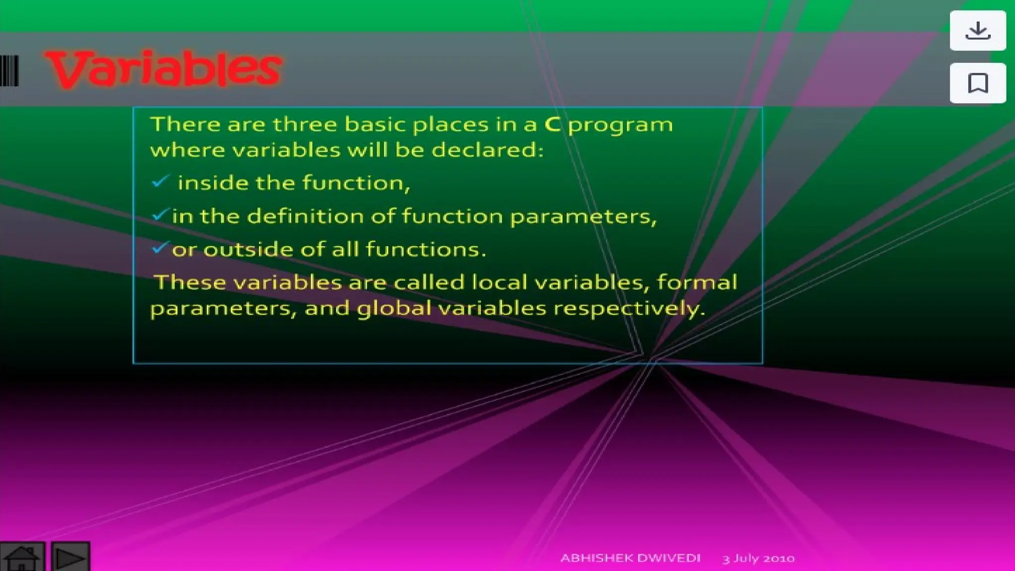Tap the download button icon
pos(977,31)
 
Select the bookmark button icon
pos(977,83)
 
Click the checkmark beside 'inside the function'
pos(160,181)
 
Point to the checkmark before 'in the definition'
pos(160,215)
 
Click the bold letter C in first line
pos(552,124)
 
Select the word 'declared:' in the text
pos(487,150)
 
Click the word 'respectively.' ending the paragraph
pos(629,308)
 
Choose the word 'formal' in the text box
pos(697,283)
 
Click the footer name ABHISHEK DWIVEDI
pos(630,558)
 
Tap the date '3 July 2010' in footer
pos(758,559)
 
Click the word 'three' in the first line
pos(305,124)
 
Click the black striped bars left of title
pos(9,71)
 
